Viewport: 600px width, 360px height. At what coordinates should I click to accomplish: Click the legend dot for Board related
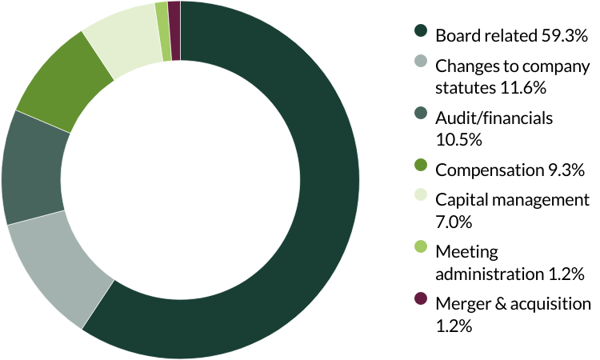(x=420, y=31)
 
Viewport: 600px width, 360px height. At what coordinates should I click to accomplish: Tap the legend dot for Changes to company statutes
(x=420, y=62)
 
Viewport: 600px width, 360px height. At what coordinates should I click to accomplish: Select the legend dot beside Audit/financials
(x=420, y=114)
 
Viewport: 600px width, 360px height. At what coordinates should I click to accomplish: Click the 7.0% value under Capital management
(x=452, y=222)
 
